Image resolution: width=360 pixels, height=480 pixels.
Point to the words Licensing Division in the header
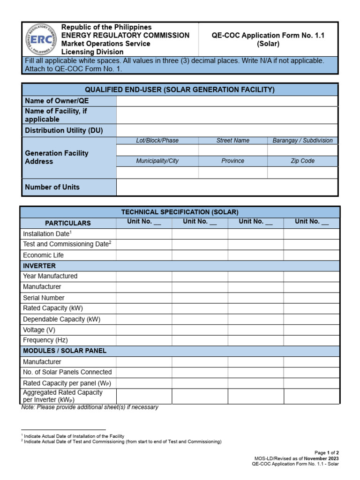pyautogui.click(x=92, y=52)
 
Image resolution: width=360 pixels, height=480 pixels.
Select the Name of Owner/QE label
pyautogui.click(x=56, y=101)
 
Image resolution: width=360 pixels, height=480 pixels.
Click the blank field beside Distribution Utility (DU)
pyautogui.click(x=227, y=130)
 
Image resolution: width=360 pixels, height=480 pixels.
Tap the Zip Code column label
pyautogui.click(x=302, y=161)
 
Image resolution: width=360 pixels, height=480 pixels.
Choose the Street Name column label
pyautogui.click(x=232, y=141)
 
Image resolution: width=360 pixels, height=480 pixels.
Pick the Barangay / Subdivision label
pyautogui.click(x=302, y=141)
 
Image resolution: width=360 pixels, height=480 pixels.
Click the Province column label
pyautogui.click(x=232, y=161)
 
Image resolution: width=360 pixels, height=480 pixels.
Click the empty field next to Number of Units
pyautogui.click(x=227, y=187)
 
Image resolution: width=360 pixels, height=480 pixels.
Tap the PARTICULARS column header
pyautogui.click(x=68, y=223)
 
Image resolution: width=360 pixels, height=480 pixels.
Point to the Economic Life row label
pyautogui.click(x=43, y=255)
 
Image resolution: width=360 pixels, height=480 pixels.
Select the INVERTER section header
pyautogui.click(x=40, y=266)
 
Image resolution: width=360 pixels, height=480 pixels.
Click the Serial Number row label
pyautogui.click(x=44, y=298)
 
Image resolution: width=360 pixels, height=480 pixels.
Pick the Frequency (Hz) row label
pyautogui.click(x=45, y=340)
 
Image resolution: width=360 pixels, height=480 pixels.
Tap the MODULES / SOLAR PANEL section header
pyautogui.click(x=65, y=351)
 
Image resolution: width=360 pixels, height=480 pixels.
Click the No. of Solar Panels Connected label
pyautogui.click(x=67, y=372)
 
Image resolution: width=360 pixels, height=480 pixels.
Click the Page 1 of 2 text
pyautogui.click(x=327, y=453)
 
